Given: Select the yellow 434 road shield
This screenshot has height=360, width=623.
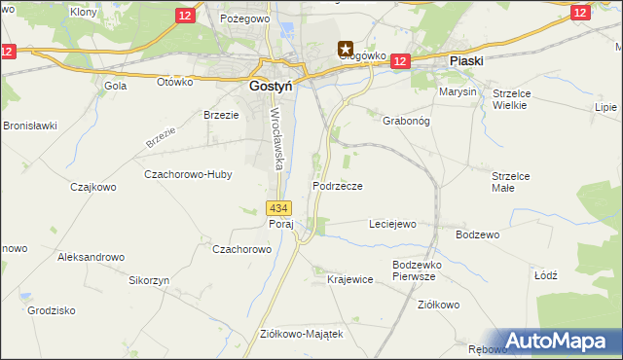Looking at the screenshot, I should point(278,208).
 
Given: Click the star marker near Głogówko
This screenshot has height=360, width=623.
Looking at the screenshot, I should point(346,47).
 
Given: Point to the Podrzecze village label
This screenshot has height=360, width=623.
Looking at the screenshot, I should point(338,186).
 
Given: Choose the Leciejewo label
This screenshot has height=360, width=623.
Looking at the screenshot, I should point(392,224).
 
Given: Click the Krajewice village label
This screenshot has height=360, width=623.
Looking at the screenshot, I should point(350,279).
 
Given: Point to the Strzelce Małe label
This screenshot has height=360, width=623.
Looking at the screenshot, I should point(511,182).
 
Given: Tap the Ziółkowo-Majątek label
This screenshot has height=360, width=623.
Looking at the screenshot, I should point(302,334).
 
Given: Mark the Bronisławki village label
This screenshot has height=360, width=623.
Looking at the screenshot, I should point(30,126).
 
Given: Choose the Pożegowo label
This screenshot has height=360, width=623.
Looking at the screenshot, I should point(244,18).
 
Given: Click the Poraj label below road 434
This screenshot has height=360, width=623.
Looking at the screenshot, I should point(281,224).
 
